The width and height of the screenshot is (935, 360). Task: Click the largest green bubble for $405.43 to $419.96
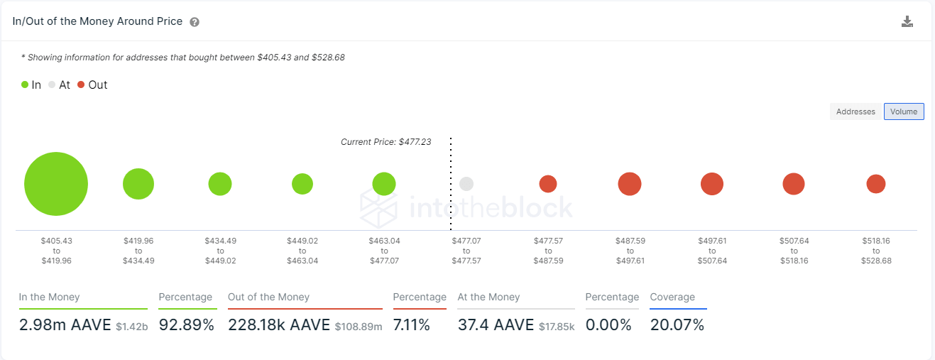coord(56,184)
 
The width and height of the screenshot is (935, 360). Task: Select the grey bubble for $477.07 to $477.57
coord(466,184)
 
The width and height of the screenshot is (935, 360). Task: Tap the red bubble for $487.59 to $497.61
coord(630,184)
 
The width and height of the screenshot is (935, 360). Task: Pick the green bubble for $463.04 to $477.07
coord(384,184)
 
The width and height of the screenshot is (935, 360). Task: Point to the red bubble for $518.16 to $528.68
coord(876,184)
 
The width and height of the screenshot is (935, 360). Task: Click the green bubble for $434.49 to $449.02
coord(220,184)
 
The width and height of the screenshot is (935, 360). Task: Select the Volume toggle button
coord(904,111)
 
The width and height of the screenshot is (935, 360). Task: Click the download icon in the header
coord(907,21)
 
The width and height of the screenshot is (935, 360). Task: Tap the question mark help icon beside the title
coord(195,22)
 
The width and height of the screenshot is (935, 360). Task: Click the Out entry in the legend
coord(92,85)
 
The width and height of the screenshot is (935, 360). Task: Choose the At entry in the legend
coord(60,85)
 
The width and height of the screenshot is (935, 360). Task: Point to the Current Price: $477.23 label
coord(386,142)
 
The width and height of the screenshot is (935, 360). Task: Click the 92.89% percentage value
coord(186,325)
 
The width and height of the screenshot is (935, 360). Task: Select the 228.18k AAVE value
coord(279,325)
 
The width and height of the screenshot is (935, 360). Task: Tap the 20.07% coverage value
coord(677,325)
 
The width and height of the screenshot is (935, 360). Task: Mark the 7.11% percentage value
coord(412,325)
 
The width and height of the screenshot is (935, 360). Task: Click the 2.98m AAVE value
coord(65,325)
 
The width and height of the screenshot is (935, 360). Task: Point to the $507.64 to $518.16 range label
coord(794,251)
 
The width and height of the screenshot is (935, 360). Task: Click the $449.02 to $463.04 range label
coord(302,251)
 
